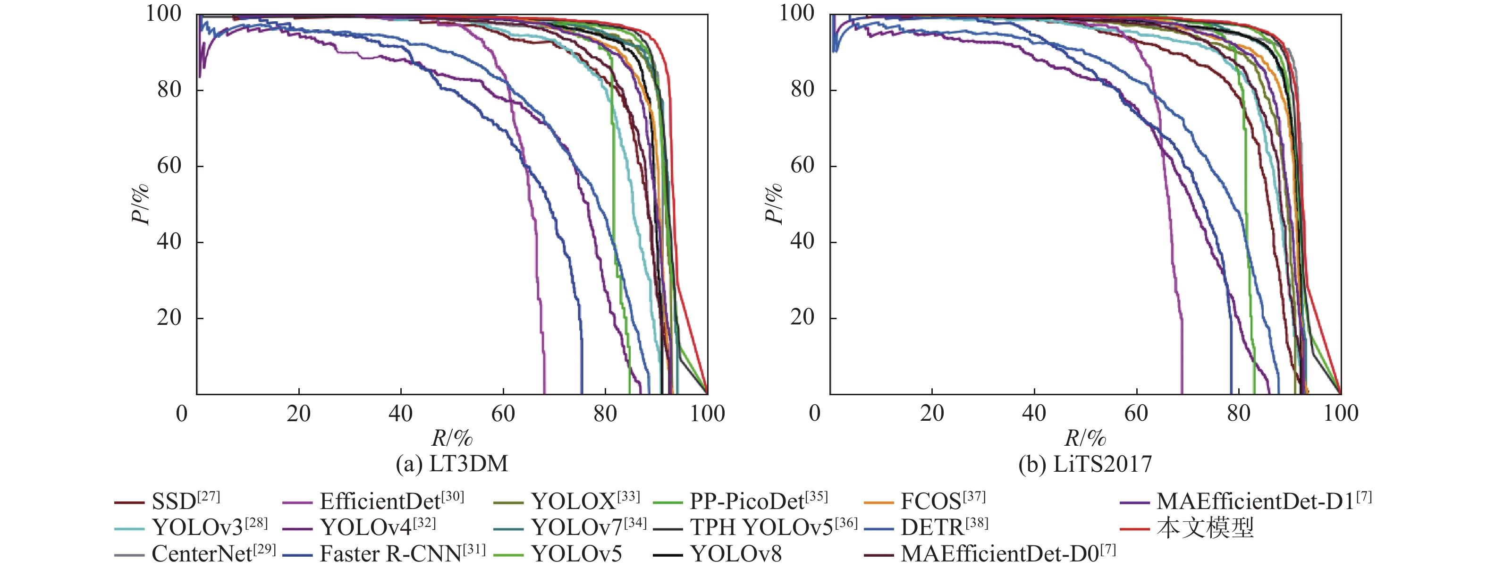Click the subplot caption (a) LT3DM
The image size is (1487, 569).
pos(451,464)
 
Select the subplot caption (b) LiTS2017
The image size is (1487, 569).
pos(1085,464)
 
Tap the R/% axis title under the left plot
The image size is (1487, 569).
pos(451,438)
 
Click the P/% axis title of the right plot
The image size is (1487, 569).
pos(773,204)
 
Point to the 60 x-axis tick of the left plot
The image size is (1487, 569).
pos(503,414)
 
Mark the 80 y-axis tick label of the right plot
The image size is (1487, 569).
pos(803,90)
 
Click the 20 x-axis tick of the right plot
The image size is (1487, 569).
pos(932,414)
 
